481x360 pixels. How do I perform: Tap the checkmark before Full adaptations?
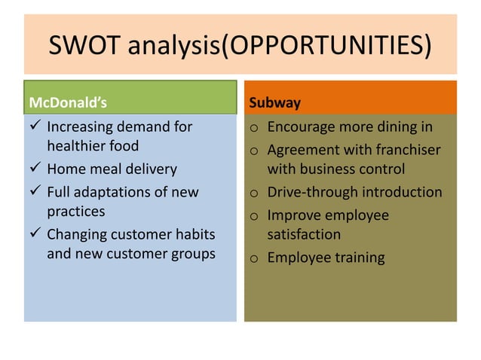pyautogui.click(x=33, y=192)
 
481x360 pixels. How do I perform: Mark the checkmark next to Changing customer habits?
pyautogui.click(x=33, y=234)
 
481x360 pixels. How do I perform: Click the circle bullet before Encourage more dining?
pyautogui.click(x=256, y=127)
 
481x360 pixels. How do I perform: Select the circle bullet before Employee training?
pyautogui.click(x=256, y=258)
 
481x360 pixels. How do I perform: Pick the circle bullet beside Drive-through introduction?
pyautogui.click(x=256, y=193)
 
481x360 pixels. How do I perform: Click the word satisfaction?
pyautogui.click(x=305, y=235)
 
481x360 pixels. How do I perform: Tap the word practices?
pyautogui.click(x=75, y=212)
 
